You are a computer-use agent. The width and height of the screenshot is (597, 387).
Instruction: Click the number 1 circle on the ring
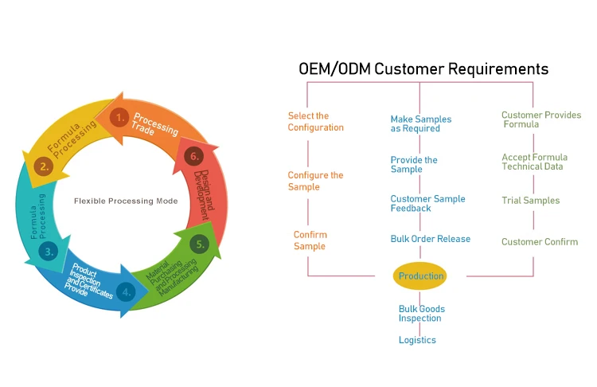[x=119, y=118]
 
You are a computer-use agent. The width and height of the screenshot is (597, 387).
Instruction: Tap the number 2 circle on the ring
[x=45, y=166]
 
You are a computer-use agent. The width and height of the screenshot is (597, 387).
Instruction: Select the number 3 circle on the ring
[x=49, y=252]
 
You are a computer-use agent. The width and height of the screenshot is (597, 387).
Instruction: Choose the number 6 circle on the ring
[x=192, y=156]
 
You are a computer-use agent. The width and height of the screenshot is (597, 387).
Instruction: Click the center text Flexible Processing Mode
[x=125, y=201]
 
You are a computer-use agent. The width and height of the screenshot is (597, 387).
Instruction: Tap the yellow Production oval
[x=420, y=276]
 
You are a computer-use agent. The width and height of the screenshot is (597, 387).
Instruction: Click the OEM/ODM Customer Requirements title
[x=423, y=69]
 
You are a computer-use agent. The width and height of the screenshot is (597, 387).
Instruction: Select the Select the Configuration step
[x=315, y=122]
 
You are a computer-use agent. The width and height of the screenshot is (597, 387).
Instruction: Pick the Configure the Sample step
[x=315, y=181]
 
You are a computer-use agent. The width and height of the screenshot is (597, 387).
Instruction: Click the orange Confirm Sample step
[x=310, y=240]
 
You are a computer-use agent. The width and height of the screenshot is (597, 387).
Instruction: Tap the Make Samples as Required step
[x=420, y=123]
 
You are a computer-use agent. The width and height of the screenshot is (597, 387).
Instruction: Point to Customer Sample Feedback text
[x=427, y=203]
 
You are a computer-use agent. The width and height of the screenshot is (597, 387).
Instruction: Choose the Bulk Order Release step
[x=430, y=239]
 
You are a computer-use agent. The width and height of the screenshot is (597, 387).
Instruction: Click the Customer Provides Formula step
[x=540, y=119]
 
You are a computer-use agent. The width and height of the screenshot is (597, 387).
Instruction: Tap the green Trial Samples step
[x=530, y=201]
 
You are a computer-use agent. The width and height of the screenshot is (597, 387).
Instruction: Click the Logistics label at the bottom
[x=417, y=340]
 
